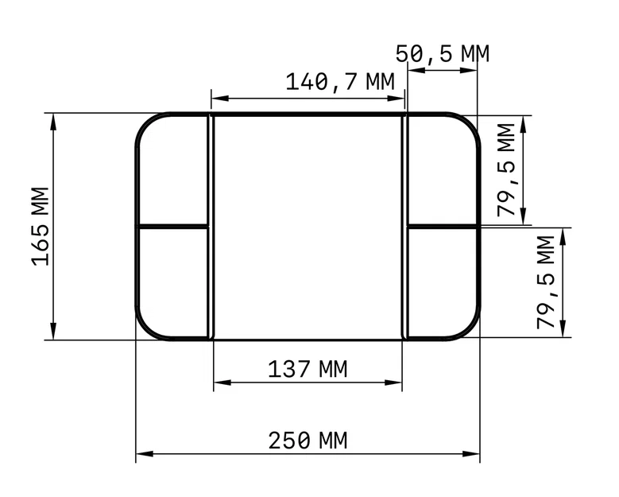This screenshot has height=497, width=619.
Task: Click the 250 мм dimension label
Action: [308, 440]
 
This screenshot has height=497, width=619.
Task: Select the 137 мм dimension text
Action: [308, 369]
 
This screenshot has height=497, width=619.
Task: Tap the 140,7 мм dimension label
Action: [340, 81]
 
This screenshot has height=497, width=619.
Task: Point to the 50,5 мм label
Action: [443, 53]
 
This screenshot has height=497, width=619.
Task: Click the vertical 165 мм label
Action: [41, 227]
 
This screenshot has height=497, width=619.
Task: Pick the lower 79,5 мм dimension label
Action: [546, 282]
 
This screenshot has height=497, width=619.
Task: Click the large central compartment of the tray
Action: [308, 227]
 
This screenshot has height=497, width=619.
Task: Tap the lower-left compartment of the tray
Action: [173, 282]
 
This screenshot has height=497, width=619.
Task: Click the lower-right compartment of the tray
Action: [442, 282]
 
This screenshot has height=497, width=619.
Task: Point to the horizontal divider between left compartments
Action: [173, 227]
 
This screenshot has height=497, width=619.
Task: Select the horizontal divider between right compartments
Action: [442, 227]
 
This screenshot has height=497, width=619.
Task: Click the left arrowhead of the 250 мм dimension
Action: [142, 455]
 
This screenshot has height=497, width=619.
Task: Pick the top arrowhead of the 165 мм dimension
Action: [53, 120]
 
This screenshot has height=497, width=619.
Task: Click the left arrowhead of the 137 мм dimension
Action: [220, 383]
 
